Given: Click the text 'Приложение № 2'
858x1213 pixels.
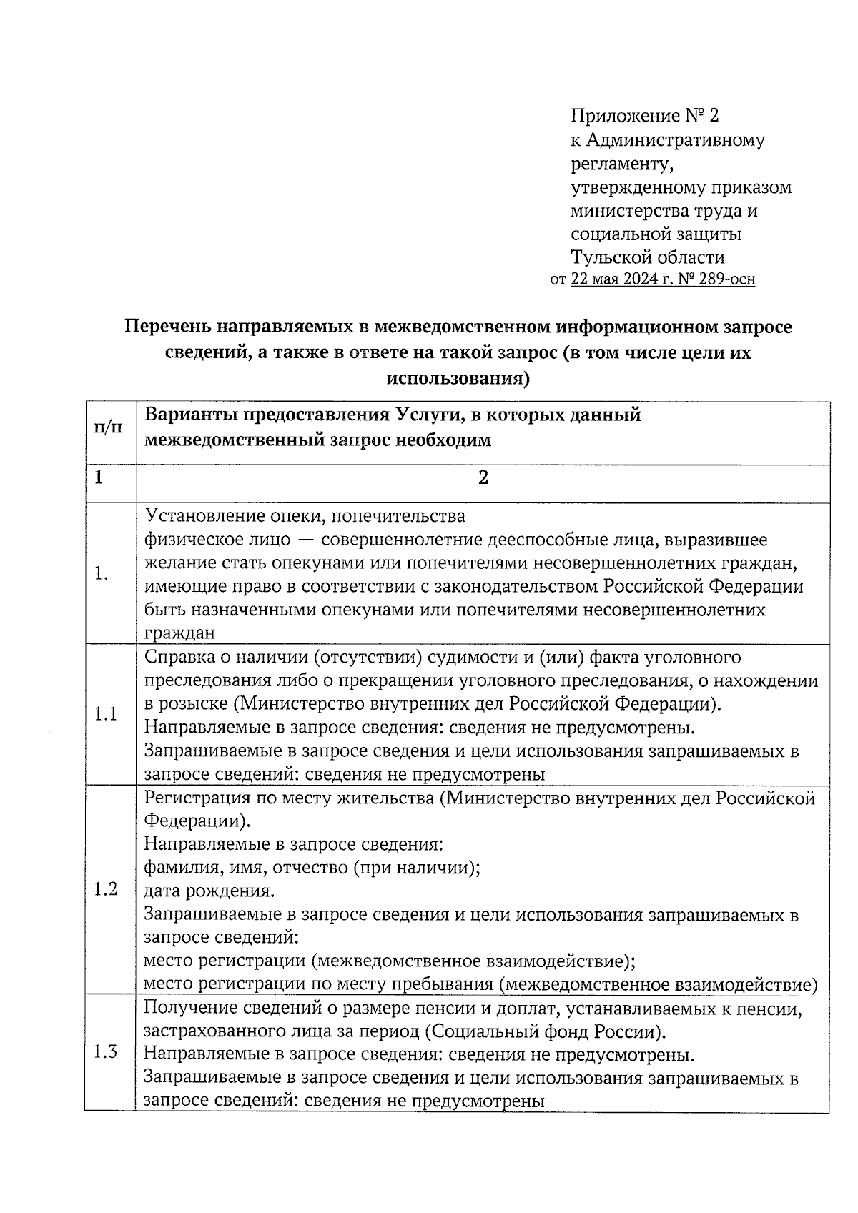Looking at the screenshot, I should click(643, 116).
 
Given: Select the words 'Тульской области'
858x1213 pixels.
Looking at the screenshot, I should click(647, 257).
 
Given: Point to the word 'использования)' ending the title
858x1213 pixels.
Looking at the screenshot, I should click(458, 377).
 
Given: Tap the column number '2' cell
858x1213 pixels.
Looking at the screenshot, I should click(483, 478).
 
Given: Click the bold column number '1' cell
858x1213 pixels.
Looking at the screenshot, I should click(98, 478).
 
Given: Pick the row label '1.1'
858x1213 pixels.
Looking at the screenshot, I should click(106, 714).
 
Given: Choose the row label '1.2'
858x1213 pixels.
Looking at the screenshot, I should click(106, 890).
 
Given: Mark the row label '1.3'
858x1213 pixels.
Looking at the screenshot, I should click(106, 1053).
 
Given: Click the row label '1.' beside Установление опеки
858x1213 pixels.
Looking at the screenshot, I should click(102, 574).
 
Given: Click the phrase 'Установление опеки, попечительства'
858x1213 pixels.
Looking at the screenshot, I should click(305, 515).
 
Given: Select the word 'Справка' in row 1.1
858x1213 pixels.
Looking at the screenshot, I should click(175, 657).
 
